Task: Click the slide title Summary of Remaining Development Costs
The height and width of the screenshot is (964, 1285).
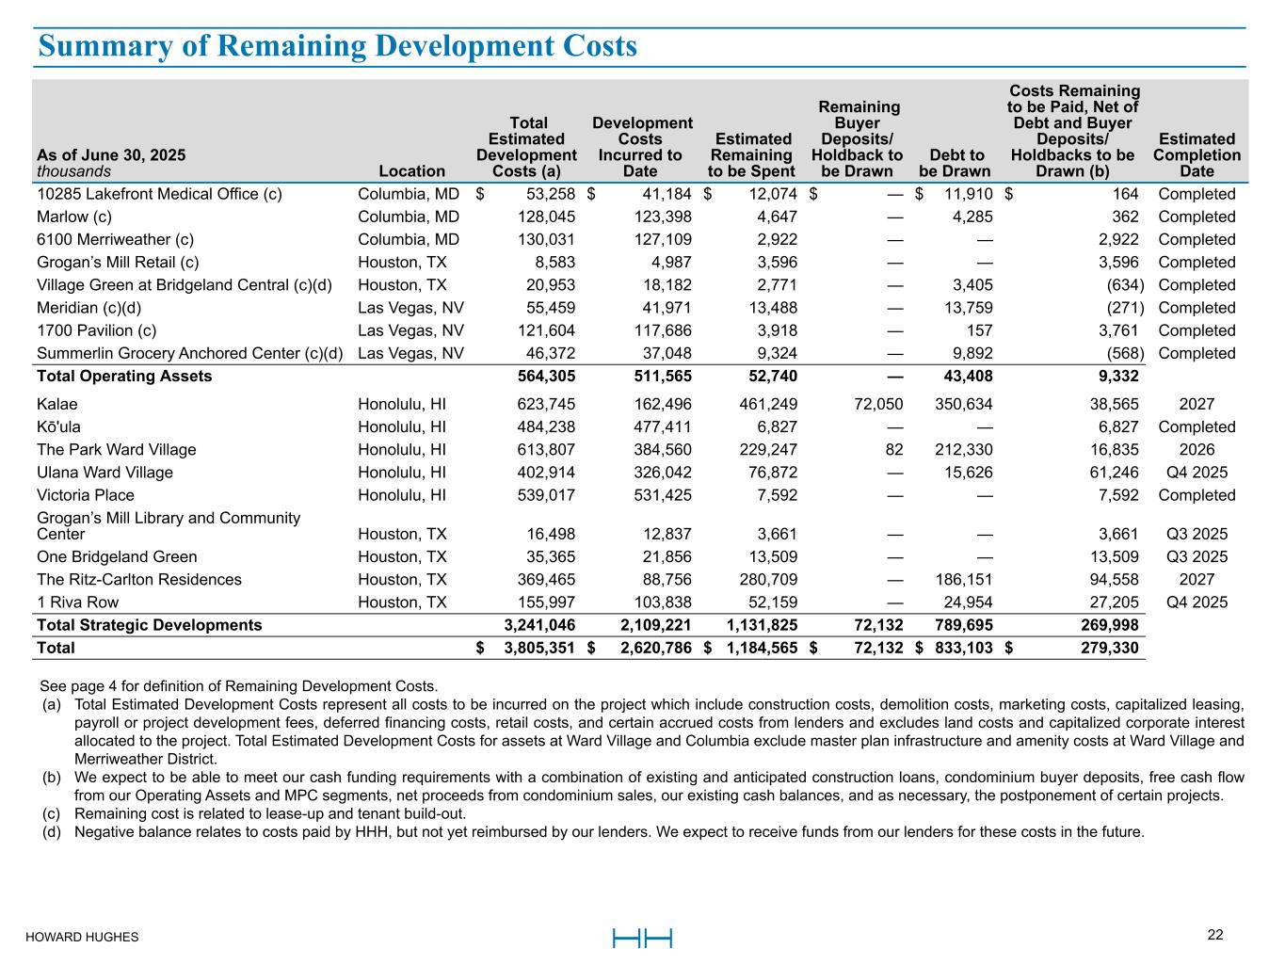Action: tap(338, 46)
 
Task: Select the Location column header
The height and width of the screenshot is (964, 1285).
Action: tap(411, 170)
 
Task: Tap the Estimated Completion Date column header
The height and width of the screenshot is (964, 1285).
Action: tap(1197, 154)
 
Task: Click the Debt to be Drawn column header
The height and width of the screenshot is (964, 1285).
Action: tap(955, 163)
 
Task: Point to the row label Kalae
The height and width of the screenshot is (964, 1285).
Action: tap(57, 404)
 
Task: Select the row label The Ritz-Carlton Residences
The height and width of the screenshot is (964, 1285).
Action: tap(139, 579)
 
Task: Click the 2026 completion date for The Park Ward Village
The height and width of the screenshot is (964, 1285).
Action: tap(1197, 450)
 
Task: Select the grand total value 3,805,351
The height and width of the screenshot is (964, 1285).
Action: tap(539, 648)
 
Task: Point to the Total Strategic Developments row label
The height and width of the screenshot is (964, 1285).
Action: tap(149, 625)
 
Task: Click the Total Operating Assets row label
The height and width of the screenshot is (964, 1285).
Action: tap(124, 377)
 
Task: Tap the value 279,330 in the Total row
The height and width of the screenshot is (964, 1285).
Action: tap(1108, 648)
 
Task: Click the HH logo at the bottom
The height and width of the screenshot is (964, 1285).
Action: tap(642, 938)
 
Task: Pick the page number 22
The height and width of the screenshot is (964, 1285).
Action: tap(1215, 935)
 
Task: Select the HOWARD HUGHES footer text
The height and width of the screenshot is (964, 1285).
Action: tap(82, 937)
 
